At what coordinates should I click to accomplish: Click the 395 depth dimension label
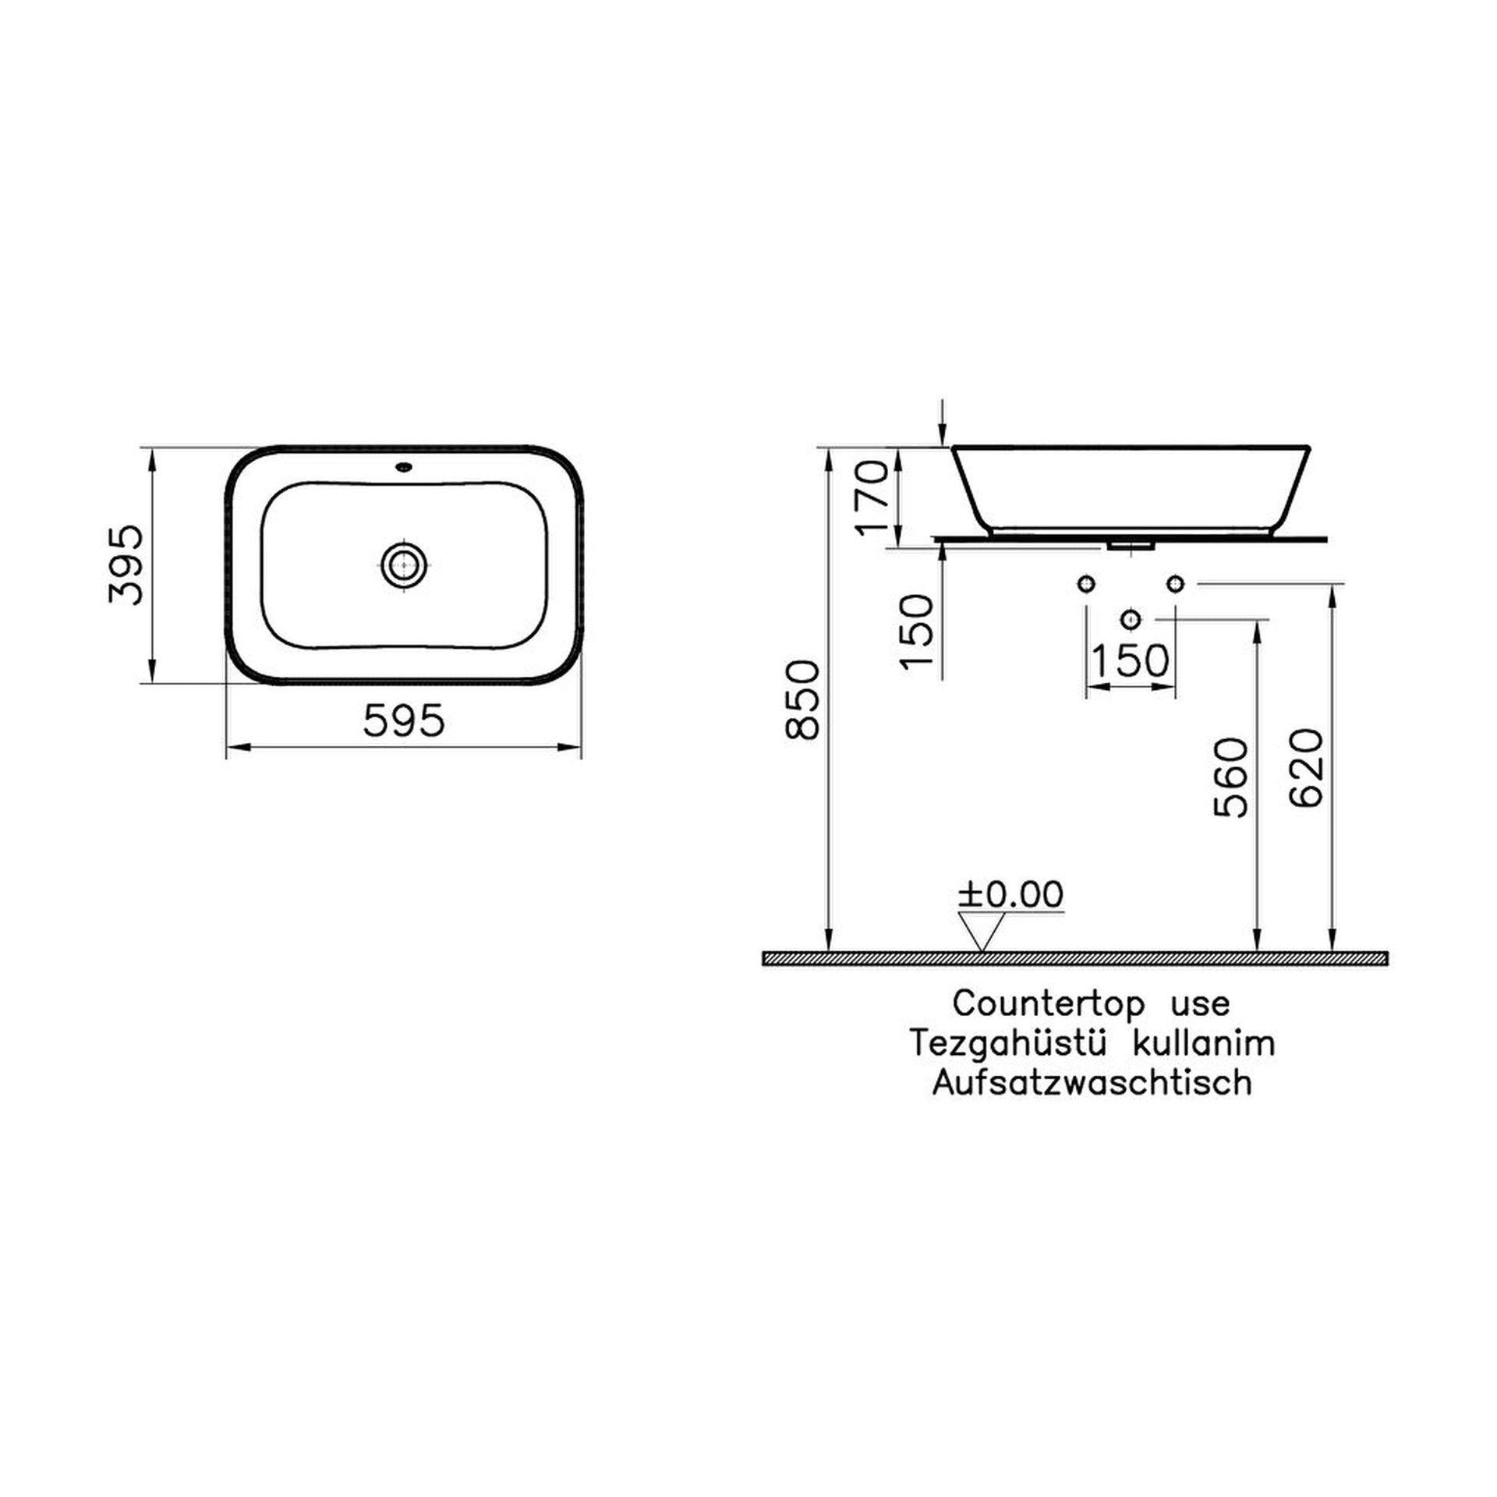126,565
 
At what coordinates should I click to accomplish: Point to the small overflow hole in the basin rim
405,469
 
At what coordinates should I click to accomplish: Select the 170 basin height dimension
872,497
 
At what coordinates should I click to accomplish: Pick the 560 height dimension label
1232,777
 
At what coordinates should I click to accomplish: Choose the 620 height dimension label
1308,768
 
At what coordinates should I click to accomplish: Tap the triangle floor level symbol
982,933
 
